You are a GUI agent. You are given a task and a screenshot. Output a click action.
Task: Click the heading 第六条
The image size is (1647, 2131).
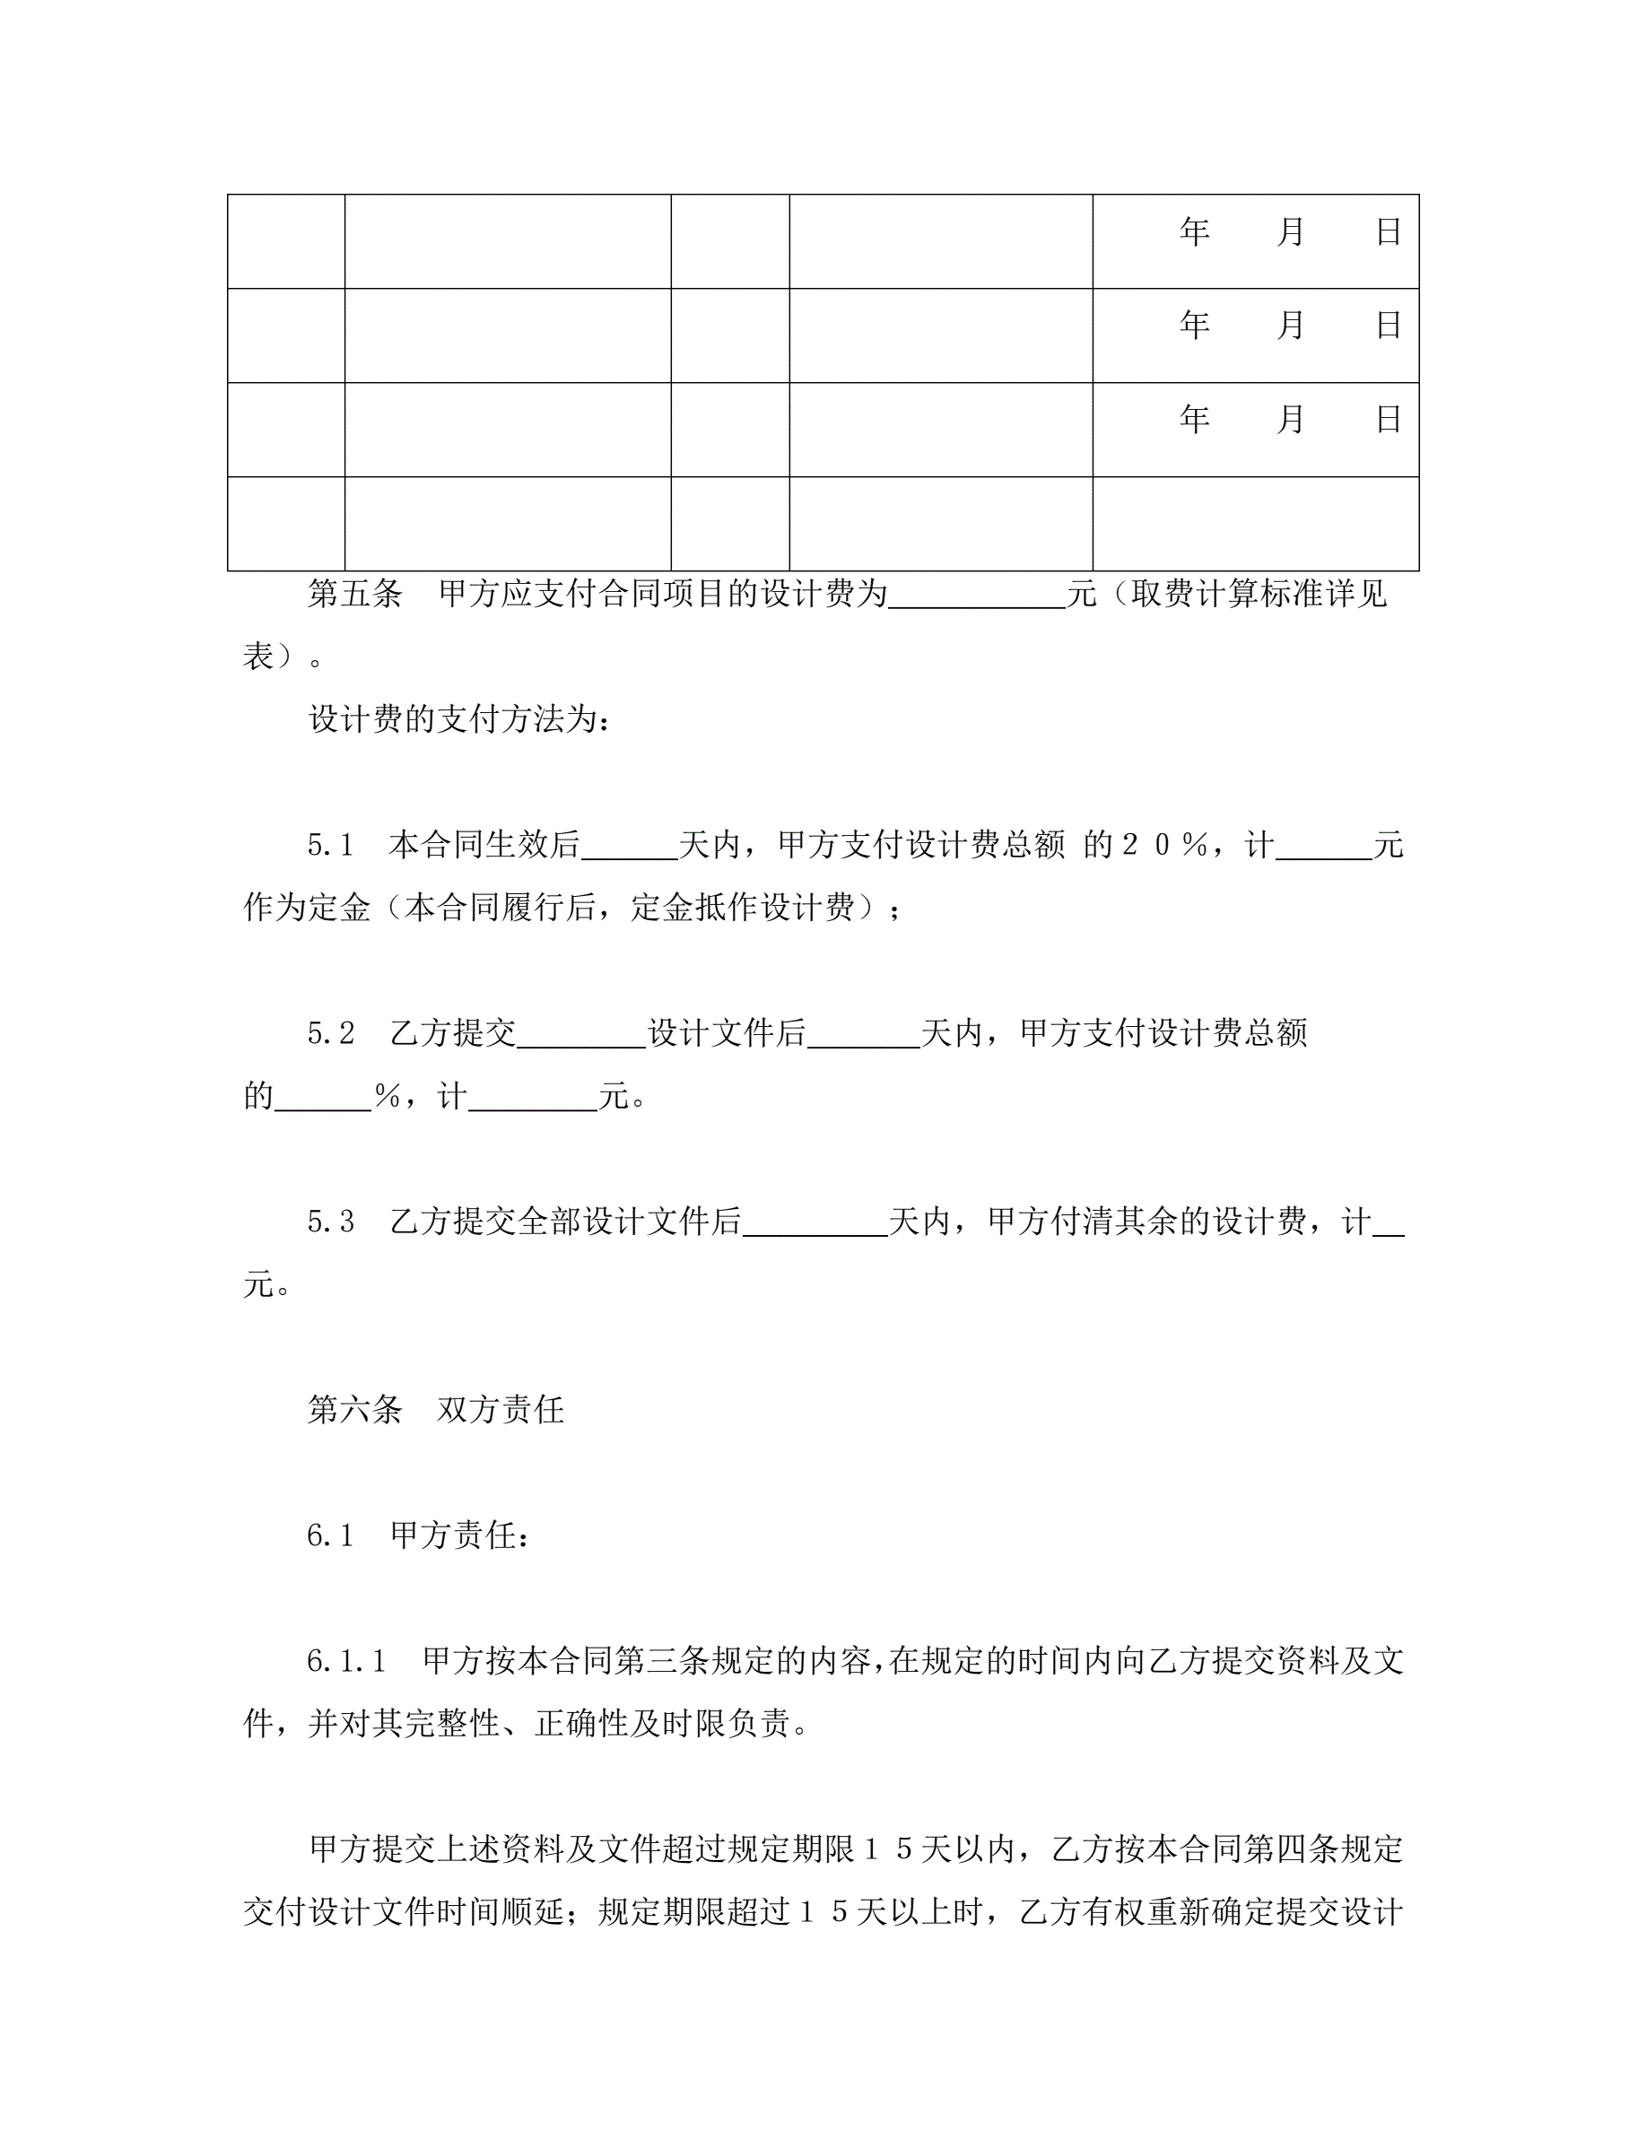[x=354, y=1409]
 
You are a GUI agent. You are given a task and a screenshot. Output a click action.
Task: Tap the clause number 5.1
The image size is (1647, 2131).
[x=331, y=845]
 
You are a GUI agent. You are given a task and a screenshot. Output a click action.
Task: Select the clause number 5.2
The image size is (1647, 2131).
[x=331, y=1033]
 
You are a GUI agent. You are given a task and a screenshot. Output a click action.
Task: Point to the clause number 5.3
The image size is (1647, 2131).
[x=331, y=1222]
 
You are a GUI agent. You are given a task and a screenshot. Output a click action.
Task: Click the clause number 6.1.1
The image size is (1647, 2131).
[x=346, y=1661]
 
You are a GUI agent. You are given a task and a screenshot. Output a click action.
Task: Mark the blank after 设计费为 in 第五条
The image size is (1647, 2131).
[x=976, y=597]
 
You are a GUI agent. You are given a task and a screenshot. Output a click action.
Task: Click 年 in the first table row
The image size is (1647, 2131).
[x=1194, y=232]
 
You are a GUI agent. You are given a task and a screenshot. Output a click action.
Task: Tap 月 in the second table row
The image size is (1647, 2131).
[x=1291, y=325]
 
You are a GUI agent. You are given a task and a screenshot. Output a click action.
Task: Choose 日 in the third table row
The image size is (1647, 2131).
[x=1389, y=420]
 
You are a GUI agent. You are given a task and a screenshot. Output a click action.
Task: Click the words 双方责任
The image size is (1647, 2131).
[x=501, y=1409]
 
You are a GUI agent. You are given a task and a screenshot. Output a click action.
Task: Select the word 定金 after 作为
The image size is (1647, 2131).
[x=340, y=909]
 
